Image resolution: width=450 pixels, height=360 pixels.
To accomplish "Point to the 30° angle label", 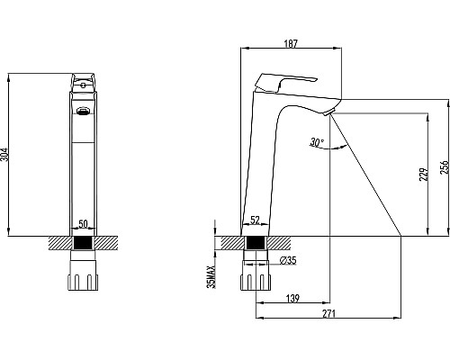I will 316,142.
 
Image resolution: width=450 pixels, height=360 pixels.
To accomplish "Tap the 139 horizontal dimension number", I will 292,298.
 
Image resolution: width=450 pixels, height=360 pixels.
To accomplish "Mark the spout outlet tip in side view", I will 329,112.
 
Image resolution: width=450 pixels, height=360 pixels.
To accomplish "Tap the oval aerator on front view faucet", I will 84,112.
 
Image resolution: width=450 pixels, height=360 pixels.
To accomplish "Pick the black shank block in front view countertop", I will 84,243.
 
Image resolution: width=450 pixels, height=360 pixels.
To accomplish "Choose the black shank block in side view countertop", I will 255,243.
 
